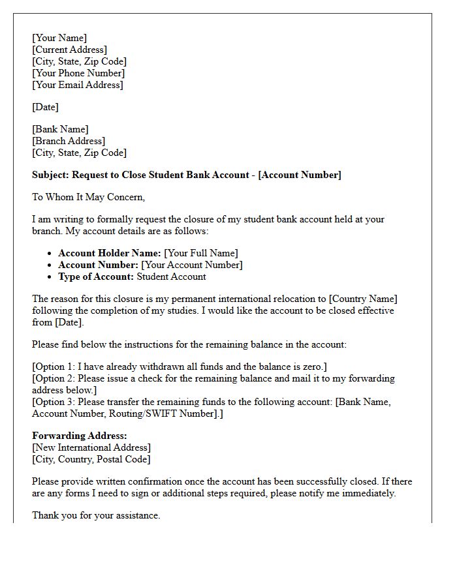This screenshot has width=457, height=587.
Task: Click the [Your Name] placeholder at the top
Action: (59, 38)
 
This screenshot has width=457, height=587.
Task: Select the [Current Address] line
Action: (69, 50)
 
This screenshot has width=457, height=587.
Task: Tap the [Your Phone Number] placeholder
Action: (78, 73)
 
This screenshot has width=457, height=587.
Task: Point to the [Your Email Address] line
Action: (77, 85)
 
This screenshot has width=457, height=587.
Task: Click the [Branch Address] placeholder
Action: (68, 141)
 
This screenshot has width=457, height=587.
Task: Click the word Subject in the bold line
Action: (50, 175)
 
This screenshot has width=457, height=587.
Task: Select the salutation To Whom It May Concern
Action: (88, 197)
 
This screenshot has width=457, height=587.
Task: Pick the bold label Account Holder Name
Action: (109, 253)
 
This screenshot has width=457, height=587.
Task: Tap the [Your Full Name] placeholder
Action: (201, 253)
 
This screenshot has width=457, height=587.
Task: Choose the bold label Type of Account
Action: (96, 277)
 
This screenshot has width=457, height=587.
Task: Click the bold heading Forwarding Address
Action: (79, 436)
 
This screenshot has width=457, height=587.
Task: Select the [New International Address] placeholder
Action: (91, 447)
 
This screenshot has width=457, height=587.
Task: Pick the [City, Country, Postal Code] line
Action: (91, 459)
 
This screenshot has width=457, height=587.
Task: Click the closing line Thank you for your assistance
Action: (96, 515)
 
